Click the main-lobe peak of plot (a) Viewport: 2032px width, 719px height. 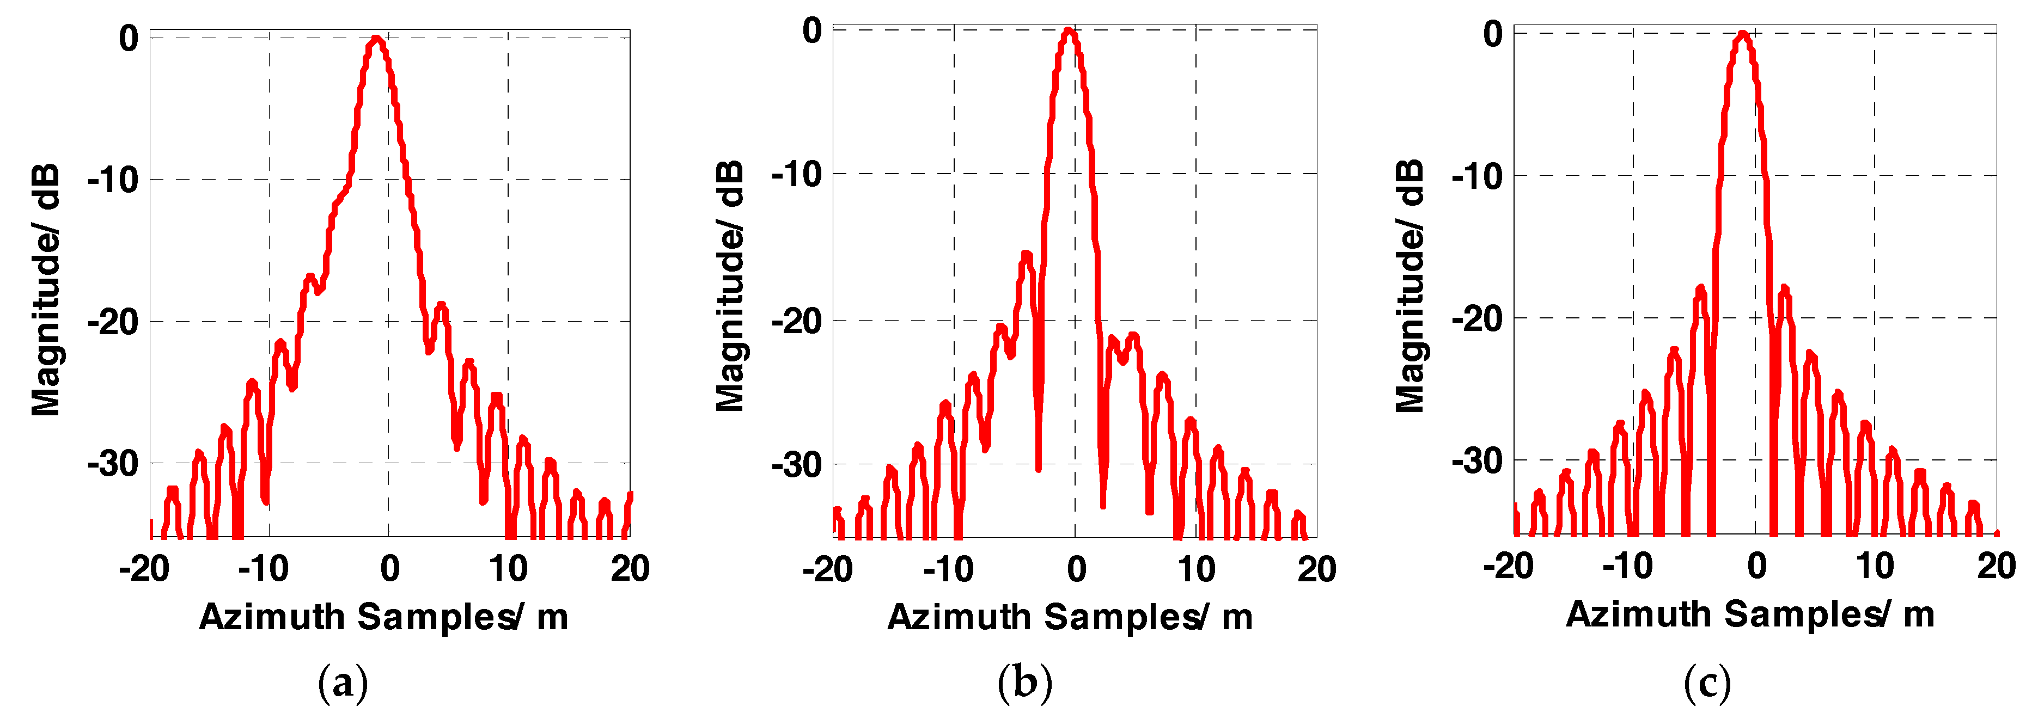tap(376, 38)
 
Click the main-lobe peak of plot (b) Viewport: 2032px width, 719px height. tap(1068, 32)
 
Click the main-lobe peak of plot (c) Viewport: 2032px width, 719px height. tap(1742, 34)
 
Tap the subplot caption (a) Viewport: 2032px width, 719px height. tap(343, 683)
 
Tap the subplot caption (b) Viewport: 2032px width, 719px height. tap(1024, 683)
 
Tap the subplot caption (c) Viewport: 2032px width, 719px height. tap(1707, 683)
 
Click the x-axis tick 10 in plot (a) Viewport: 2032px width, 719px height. tap(508, 568)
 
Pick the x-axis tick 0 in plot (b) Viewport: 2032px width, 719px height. tap(1077, 569)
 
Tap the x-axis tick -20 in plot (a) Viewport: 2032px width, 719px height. tap(144, 568)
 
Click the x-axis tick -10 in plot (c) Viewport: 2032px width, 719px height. tap(1627, 566)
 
